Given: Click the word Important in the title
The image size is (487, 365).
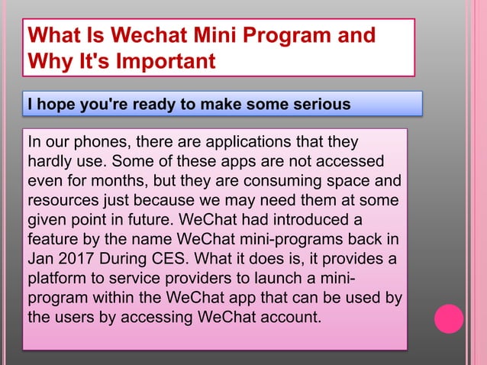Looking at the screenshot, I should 165,60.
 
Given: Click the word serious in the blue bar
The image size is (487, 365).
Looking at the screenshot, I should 319,104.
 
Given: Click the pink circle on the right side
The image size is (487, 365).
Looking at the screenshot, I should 449,318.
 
